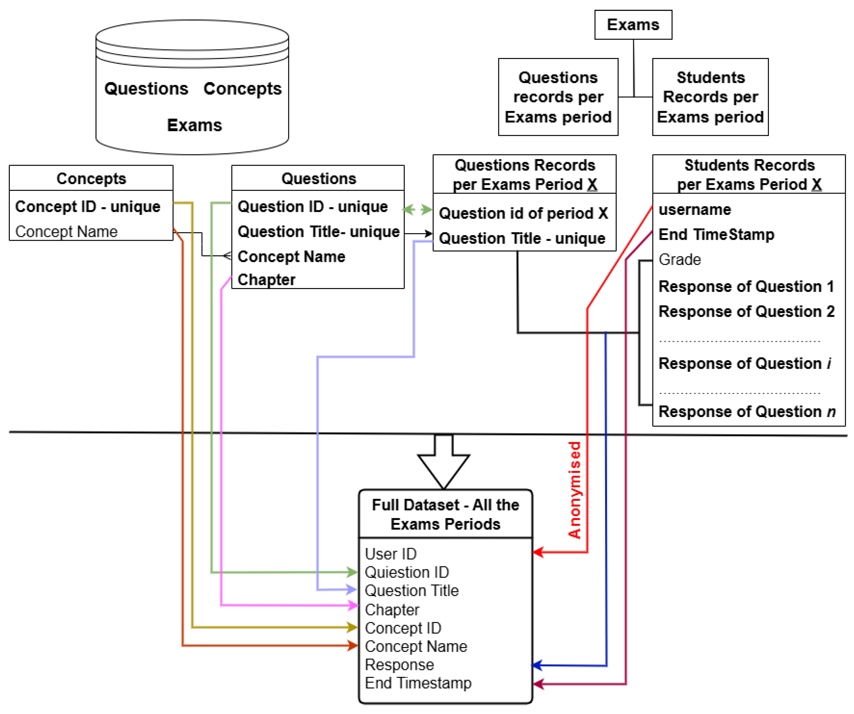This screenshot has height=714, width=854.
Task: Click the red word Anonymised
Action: (x=575, y=490)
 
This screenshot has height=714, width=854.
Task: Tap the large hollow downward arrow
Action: (x=444, y=463)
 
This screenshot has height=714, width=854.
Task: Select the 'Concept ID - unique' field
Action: (x=88, y=207)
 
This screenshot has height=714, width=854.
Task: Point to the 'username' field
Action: (x=695, y=210)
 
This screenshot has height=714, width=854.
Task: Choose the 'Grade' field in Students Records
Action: (x=680, y=260)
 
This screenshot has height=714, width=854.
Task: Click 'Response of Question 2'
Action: (x=746, y=312)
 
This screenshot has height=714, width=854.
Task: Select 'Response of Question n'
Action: (x=747, y=412)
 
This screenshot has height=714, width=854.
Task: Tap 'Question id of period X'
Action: (x=523, y=213)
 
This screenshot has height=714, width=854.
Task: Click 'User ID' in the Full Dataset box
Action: (x=390, y=554)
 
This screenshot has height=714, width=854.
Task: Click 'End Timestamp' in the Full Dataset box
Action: (x=418, y=683)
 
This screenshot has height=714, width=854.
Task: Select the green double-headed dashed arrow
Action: (x=417, y=210)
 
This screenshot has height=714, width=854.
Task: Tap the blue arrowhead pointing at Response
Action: (x=537, y=665)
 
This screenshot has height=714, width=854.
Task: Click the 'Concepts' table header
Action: (x=91, y=178)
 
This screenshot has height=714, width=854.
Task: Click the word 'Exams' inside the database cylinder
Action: (x=194, y=125)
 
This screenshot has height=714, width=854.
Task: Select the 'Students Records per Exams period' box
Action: (x=710, y=97)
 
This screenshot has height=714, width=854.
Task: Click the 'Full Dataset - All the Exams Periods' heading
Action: (x=445, y=515)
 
